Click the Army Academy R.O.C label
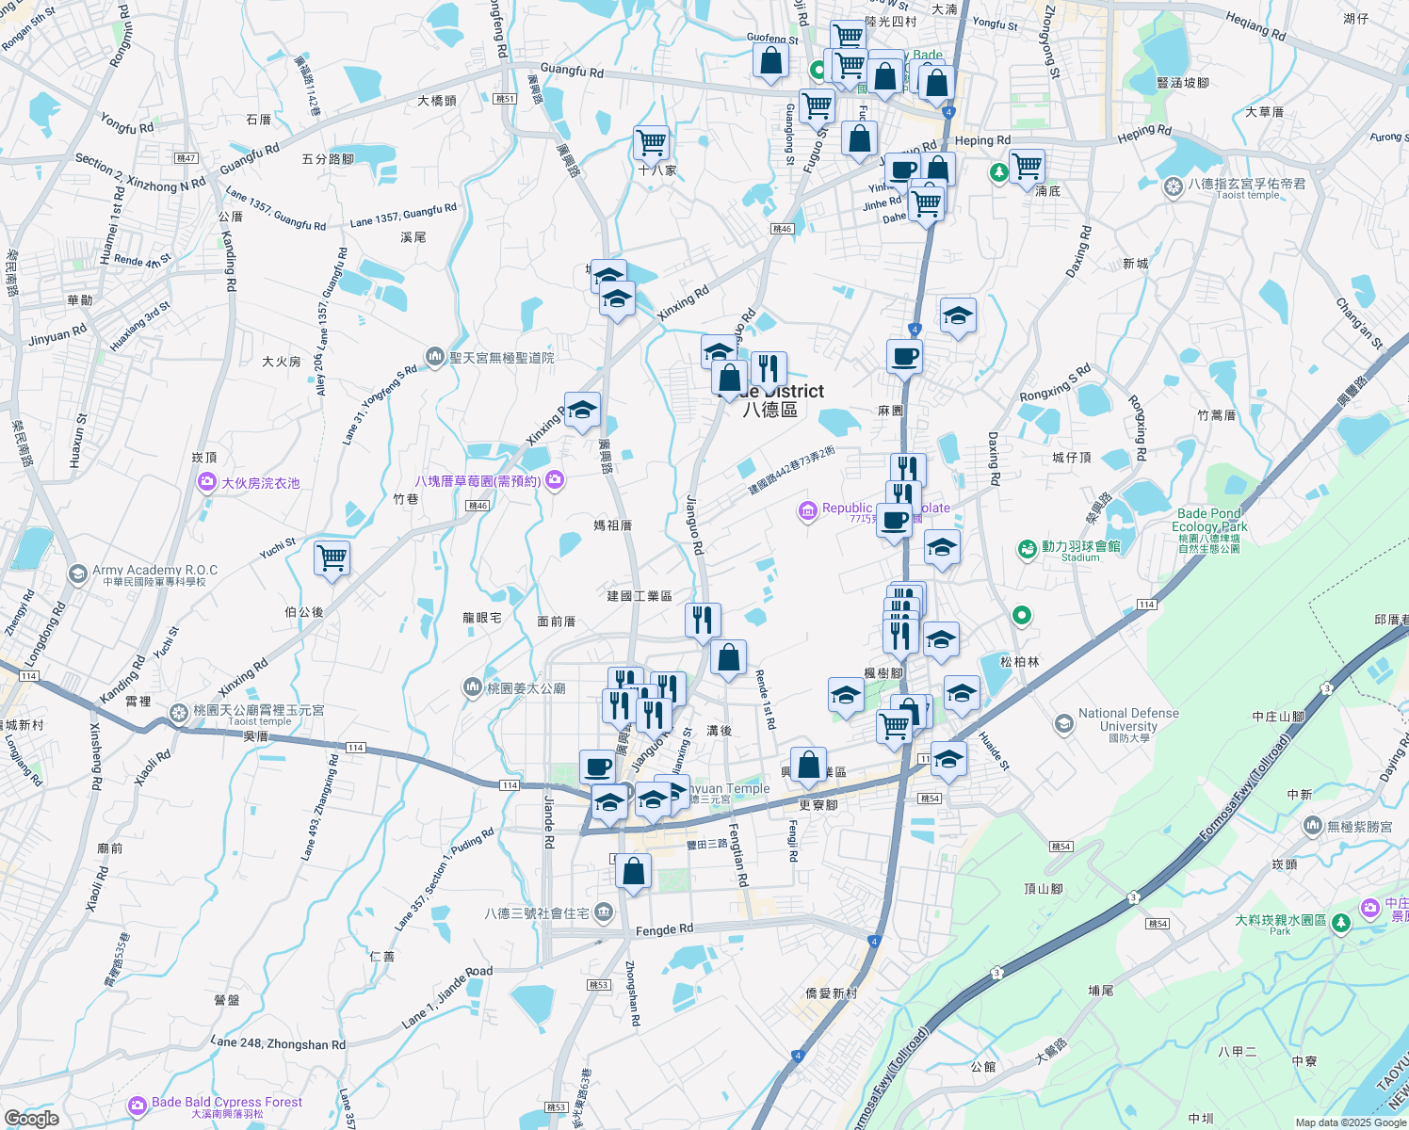[x=154, y=571]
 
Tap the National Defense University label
[x=1128, y=720]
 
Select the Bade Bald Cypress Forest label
[x=226, y=1102]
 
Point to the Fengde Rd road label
[x=664, y=930]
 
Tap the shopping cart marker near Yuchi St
[x=332, y=557]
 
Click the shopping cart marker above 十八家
[x=651, y=142]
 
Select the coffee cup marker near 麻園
[x=904, y=357]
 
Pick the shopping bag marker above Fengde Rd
[x=634, y=871]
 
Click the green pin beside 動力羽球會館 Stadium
[x=1027, y=548]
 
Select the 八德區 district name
[x=769, y=409]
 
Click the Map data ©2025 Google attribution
[x=1350, y=1122]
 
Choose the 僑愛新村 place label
[x=832, y=993]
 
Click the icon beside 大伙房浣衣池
[x=206, y=483]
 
